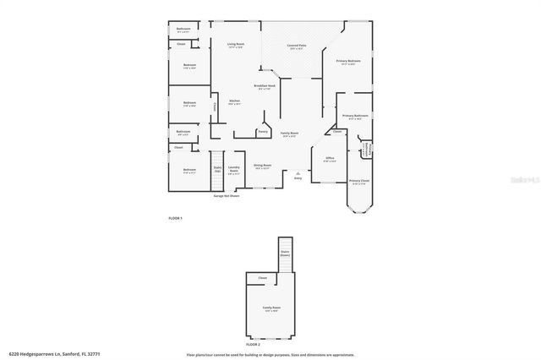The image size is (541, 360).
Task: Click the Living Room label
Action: click(x=235, y=45)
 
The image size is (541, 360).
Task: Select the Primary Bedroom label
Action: click(x=348, y=62)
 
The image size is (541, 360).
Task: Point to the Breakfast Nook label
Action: click(x=265, y=87)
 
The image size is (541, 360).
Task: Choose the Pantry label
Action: click(x=263, y=132)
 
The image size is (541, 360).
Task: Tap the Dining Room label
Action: click(x=262, y=166)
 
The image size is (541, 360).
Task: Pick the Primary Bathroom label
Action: click(x=354, y=117)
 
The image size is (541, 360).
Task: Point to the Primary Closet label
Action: click(x=359, y=181)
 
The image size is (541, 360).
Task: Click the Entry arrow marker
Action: click(x=298, y=173)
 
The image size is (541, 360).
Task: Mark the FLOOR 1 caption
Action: click(x=175, y=218)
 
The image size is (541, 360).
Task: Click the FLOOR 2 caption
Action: click(x=254, y=345)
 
